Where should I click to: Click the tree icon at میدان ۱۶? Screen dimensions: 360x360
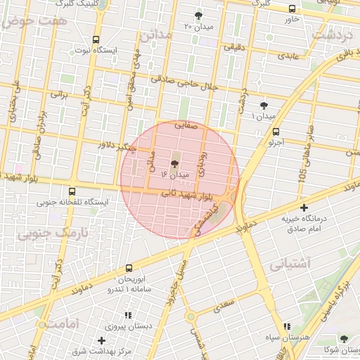(x=174, y=162)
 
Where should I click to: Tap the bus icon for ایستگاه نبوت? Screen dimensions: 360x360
(x=96, y=39)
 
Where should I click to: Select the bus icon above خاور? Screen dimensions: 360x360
(x=292, y=8)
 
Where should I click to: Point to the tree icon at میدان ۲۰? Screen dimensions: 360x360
(x=199, y=15)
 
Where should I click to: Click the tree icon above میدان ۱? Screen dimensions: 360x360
(x=264, y=105)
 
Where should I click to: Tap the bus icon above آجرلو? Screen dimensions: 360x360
(x=276, y=131)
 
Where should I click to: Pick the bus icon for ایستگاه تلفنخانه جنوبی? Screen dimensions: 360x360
(x=72, y=191)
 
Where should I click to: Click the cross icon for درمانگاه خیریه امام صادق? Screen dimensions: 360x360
(x=304, y=208)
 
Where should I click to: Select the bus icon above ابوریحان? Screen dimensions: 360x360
(x=128, y=268)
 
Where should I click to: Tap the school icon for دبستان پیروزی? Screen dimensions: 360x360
(x=127, y=316)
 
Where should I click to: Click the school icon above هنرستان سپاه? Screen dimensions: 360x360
(x=286, y=326)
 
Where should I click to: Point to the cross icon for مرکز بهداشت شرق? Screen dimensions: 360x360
(x=102, y=340)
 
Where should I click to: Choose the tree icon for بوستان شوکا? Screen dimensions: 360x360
(x=344, y=339)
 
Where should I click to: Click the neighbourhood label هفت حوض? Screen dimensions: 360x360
(x=26, y=21)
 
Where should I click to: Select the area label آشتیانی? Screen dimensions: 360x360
(x=289, y=265)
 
